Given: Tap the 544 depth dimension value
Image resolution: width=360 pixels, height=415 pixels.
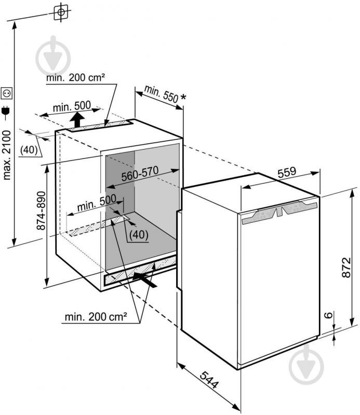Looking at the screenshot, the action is coord(210,380).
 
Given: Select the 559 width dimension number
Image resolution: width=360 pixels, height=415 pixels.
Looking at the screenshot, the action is coord(287,172).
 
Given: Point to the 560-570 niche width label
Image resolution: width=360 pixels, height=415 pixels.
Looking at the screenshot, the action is coord(140,173).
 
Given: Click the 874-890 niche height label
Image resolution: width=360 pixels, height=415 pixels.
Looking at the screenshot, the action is coord(41,210).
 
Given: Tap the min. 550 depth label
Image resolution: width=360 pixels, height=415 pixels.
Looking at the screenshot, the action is coord(161,93).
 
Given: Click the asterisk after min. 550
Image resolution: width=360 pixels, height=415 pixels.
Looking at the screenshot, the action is coord(183,98).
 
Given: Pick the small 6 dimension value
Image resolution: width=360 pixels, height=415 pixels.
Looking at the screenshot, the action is coord(328,315).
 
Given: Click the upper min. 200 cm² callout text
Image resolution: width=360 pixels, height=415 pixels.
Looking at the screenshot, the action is coord(75,78).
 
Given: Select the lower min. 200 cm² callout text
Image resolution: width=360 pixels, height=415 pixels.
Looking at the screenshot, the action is coord(96,316).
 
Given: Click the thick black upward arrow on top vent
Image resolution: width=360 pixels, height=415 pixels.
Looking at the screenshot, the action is coord(77,119).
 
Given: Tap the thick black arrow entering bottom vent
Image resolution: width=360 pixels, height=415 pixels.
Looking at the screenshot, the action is coord(144,279).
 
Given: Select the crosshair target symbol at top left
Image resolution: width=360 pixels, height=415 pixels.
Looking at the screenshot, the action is coord(61,12).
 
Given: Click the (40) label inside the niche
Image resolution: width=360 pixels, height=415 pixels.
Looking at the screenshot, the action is coord(139,234).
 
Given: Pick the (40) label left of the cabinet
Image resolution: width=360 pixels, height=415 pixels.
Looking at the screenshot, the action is coord(29,150).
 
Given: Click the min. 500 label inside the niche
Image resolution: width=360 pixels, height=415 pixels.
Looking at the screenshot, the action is coord(97,203).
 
